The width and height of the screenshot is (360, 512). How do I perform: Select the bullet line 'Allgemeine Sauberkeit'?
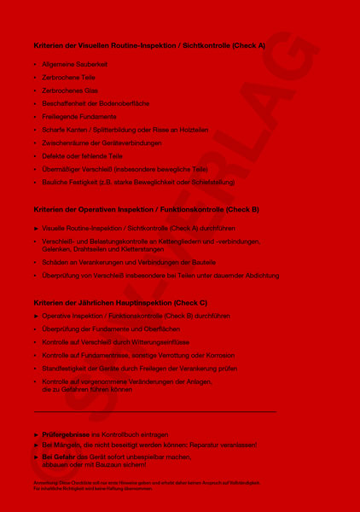(75, 65)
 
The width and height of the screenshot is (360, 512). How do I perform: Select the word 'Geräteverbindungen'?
(128, 143)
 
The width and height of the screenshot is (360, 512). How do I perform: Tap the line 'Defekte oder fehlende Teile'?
(83, 156)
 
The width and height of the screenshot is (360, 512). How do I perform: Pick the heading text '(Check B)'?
(242, 209)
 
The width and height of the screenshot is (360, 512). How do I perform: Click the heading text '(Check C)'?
(190, 303)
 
